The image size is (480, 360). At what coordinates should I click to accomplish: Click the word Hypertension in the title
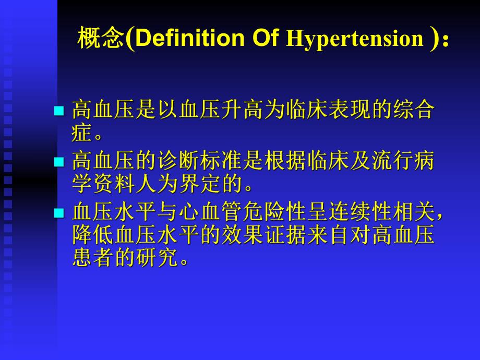354,40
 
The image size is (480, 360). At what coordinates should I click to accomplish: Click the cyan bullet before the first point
59,111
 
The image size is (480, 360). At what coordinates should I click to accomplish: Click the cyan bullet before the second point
59,162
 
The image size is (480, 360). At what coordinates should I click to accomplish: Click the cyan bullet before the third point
59,213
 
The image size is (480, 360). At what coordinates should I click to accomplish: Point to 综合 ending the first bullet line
417,110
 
